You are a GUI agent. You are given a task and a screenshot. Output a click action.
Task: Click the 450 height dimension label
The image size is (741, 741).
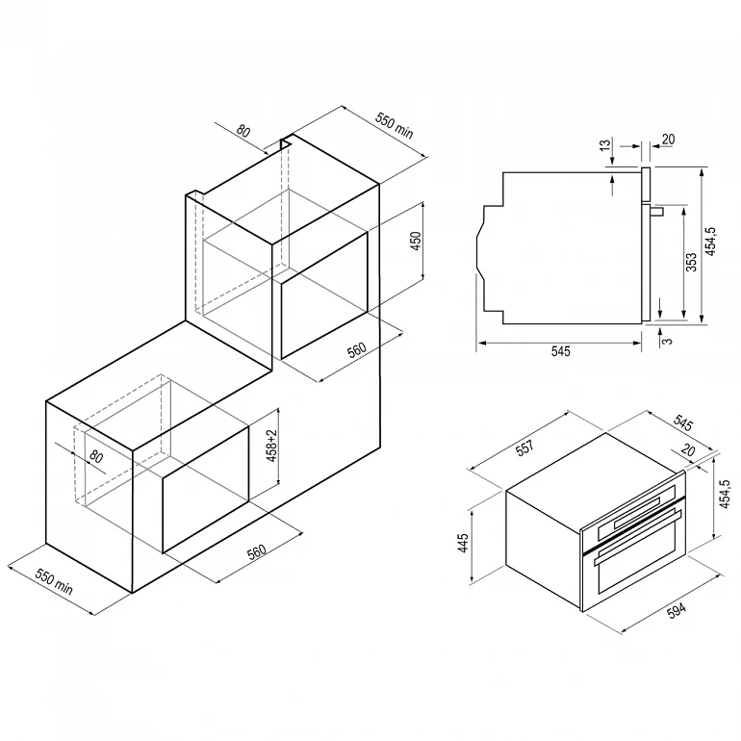pyautogui.click(x=416, y=241)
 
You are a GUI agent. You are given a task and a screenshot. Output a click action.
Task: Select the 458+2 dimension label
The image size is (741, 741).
pyautogui.click(x=271, y=446)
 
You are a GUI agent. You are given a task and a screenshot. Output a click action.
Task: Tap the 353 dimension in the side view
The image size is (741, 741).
pyautogui.click(x=691, y=263)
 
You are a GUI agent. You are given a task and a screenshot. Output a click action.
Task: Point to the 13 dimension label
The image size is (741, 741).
pyautogui.click(x=605, y=145)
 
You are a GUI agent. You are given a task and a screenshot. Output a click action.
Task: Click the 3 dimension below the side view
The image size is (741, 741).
pyautogui.click(x=668, y=341)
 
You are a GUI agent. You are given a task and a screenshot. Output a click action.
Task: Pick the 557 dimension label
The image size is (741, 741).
pyautogui.click(x=524, y=447)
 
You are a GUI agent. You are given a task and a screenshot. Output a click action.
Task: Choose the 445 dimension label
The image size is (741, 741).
pyautogui.click(x=463, y=543)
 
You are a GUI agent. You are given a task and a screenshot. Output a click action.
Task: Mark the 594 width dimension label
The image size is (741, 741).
pyautogui.click(x=677, y=610)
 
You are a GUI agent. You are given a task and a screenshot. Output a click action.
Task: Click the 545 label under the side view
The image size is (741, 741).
pyautogui.click(x=560, y=351)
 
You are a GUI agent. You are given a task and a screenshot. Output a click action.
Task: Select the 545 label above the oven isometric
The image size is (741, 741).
pyautogui.click(x=684, y=423)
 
